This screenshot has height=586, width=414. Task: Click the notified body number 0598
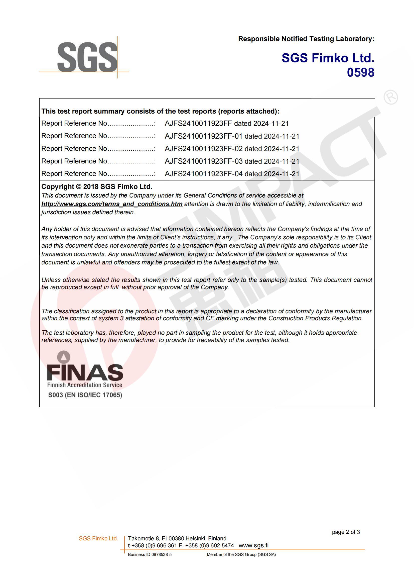tap(360, 72)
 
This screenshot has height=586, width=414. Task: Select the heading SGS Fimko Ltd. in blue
tap(328, 58)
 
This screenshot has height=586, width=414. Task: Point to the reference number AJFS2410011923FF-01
tap(203, 136)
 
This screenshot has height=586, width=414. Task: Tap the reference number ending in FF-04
tap(203, 174)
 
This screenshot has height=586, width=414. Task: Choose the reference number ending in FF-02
tap(203, 149)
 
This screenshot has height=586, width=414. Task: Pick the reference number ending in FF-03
tap(203, 161)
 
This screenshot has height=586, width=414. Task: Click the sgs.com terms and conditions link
tap(112, 204)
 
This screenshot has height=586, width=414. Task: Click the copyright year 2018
tap(91, 186)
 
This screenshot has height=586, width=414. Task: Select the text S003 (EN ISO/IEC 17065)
tap(85, 395)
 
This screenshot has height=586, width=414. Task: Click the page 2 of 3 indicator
tap(346, 532)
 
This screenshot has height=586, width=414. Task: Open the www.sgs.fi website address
tap(253, 545)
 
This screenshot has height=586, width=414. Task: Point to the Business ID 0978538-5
tap(150, 554)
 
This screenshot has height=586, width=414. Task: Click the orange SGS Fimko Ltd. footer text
tap(98, 539)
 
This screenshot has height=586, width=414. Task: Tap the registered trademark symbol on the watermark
tap(390, 97)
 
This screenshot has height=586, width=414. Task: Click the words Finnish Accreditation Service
tap(84, 385)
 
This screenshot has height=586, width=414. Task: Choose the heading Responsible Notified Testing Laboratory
tap(306, 39)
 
